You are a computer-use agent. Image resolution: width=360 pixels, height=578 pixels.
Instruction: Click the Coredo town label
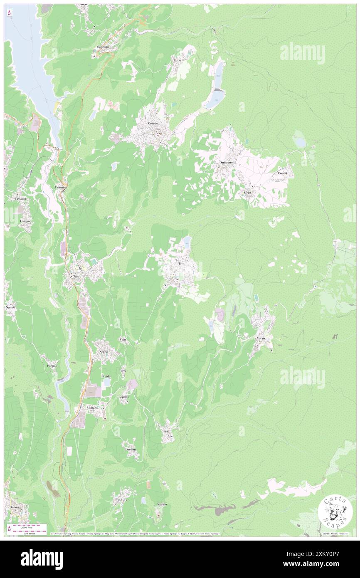(153, 124)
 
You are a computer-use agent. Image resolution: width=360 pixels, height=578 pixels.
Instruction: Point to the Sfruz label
(247, 193)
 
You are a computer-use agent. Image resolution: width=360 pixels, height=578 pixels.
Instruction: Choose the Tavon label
(178, 60)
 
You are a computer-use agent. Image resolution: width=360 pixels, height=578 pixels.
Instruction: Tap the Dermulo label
(61, 188)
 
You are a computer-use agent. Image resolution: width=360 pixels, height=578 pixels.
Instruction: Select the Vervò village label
(261, 339)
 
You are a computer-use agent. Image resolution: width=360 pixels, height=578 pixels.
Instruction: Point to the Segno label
(104, 352)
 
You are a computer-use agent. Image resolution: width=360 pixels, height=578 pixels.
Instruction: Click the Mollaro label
(92, 408)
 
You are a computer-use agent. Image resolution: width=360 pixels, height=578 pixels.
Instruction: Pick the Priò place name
(166, 432)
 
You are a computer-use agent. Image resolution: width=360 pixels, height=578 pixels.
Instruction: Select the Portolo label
(52, 366)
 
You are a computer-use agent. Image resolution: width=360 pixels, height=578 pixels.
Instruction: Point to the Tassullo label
(20, 199)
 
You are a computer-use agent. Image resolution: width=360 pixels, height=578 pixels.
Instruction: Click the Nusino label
(162, 504)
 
